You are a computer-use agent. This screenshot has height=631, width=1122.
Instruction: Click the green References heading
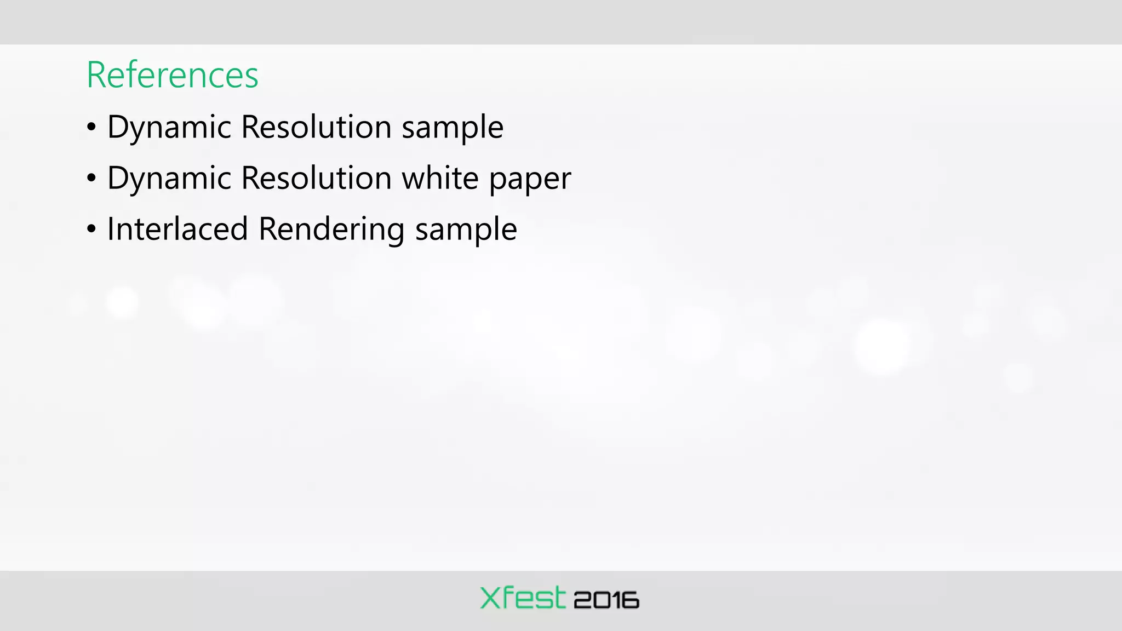pyautogui.click(x=172, y=75)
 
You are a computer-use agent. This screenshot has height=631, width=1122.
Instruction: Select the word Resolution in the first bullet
pyautogui.click(x=316, y=127)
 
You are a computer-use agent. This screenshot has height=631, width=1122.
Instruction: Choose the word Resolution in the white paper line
pyautogui.click(x=316, y=178)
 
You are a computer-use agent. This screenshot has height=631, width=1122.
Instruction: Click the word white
pyautogui.click(x=440, y=178)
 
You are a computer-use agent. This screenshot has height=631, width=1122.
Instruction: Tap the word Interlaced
pyautogui.click(x=177, y=229)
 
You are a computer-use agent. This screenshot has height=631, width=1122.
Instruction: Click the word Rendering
pyautogui.click(x=331, y=230)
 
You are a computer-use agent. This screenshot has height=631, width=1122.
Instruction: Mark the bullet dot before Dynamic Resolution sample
pyautogui.click(x=91, y=128)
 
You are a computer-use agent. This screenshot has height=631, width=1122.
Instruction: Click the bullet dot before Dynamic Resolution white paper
pyautogui.click(x=91, y=178)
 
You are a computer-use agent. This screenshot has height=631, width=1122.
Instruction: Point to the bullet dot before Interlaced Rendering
pyautogui.click(x=91, y=229)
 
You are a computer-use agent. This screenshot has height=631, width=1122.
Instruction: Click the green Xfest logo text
pyautogui.click(x=522, y=598)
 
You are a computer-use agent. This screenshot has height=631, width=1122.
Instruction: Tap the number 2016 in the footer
pyautogui.click(x=606, y=600)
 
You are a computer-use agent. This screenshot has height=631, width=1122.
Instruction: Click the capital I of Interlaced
pyautogui.click(x=111, y=229)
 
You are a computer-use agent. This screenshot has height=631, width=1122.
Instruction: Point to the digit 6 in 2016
pyautogui.click(x=631, y=600)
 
